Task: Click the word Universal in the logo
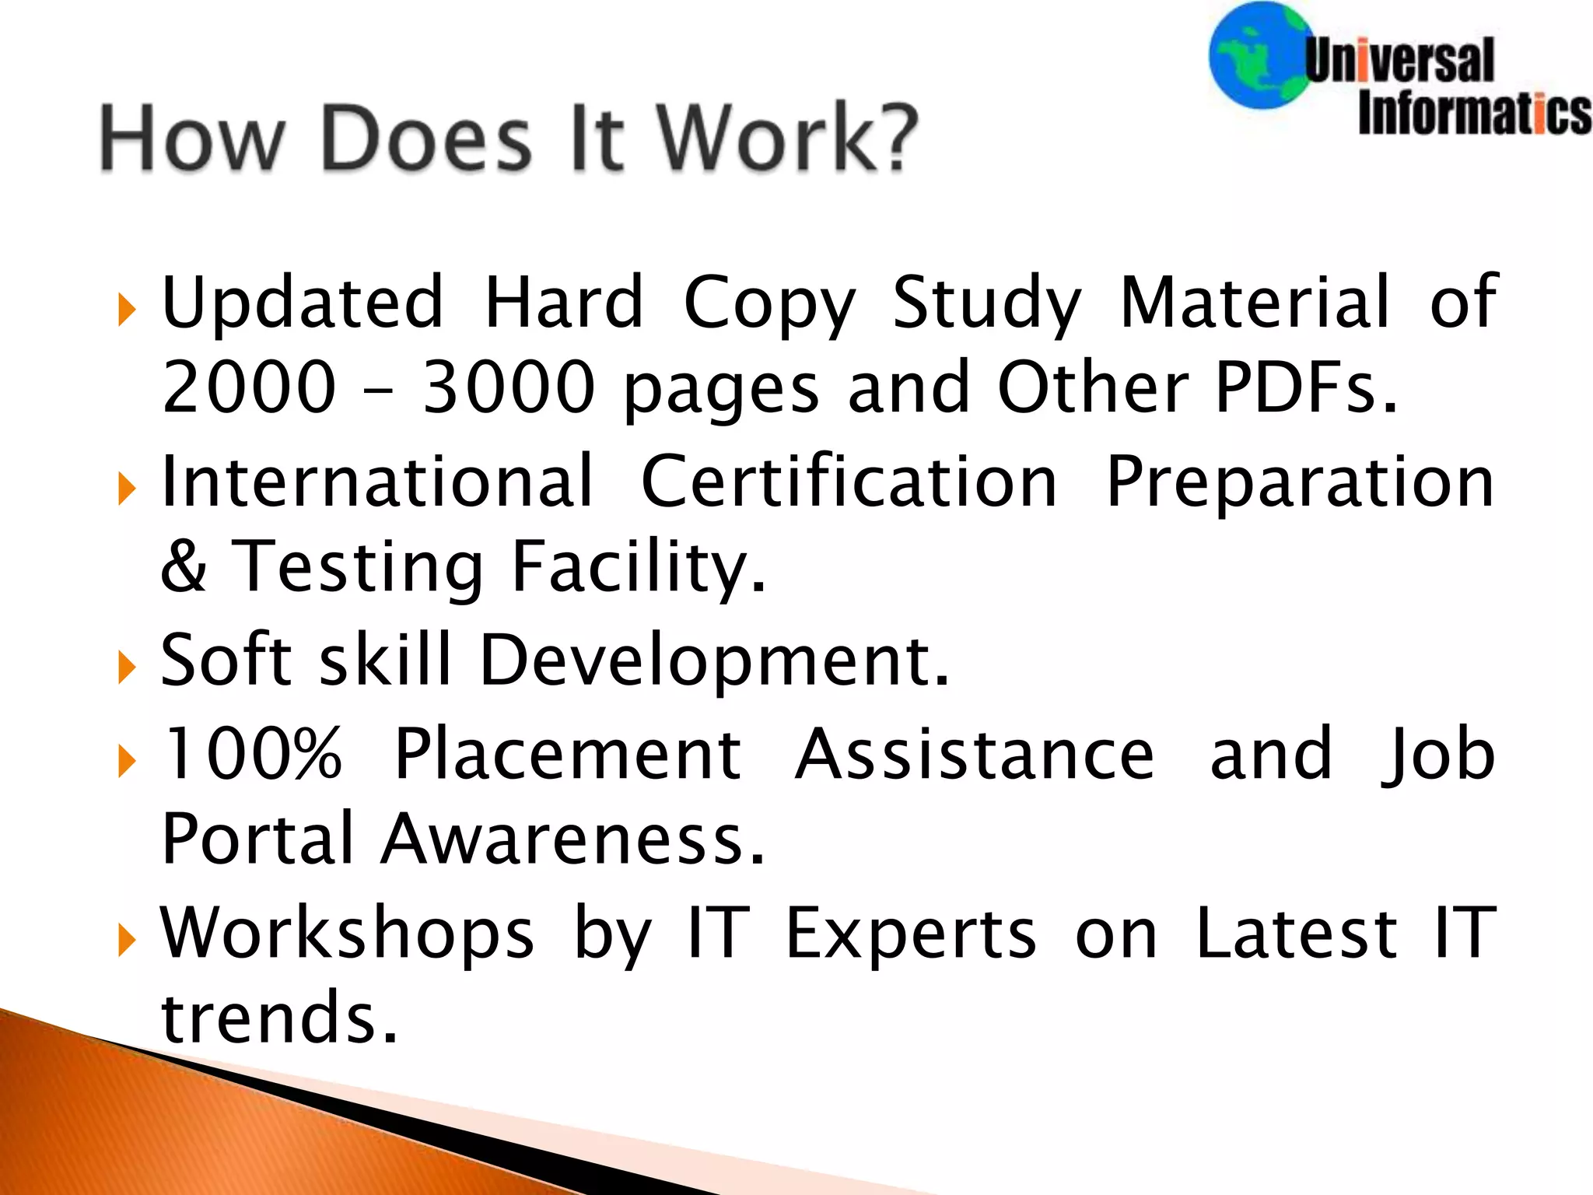click(1399, 61)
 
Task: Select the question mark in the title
click(891, 138)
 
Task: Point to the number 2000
click(249, 386)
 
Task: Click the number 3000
click(508, 386)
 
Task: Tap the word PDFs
click(1305, 386)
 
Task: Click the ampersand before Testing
click(184, 566)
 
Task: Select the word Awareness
click(573, 839)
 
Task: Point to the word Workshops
click(348, 934)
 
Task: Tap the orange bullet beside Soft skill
click(127, 668)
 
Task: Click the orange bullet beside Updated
click(127, 310)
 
